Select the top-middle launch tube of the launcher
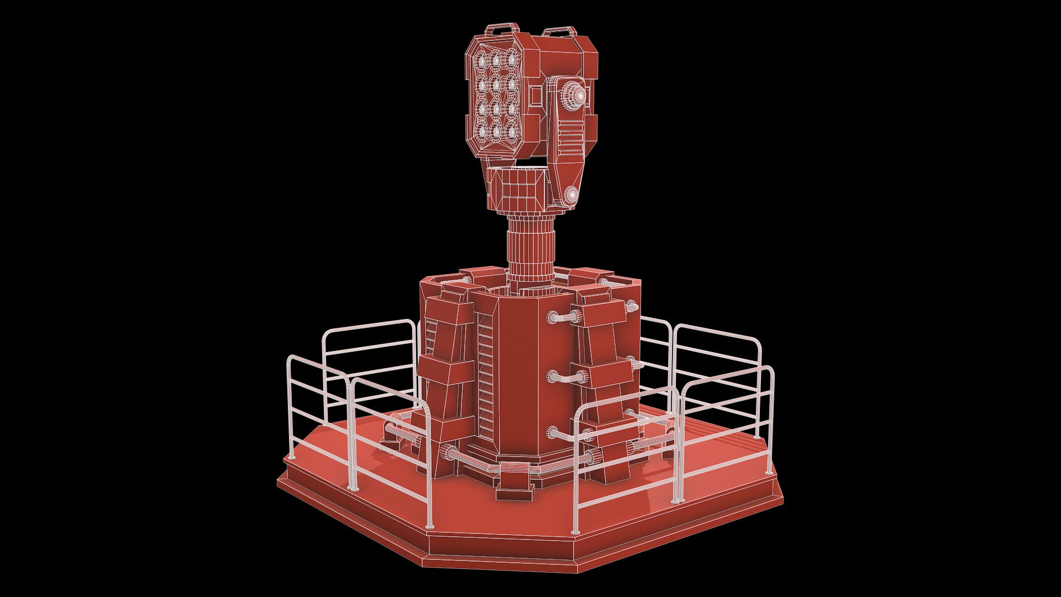pos(496,59)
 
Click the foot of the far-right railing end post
pos(769,474)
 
